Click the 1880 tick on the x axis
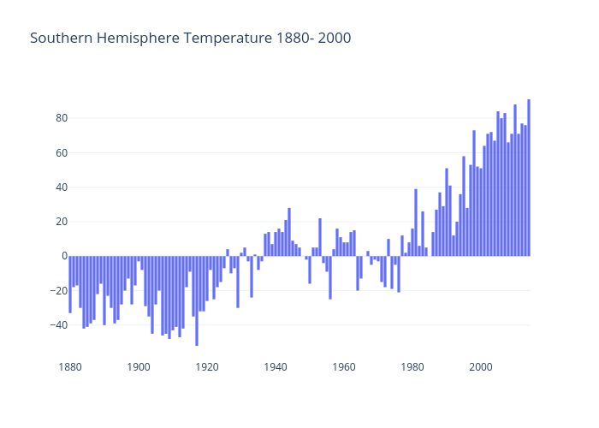click(69, 367)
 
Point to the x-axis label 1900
click(138, 367)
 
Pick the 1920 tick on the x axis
click(206, 367)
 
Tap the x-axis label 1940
click(275, 367)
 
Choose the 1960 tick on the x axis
click(343, 367)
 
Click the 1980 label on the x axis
click(412, 367)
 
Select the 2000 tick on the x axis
click(481, 367)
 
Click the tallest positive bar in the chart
click(529, 177)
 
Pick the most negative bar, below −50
click(197, 300)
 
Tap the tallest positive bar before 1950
click(289, 232)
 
